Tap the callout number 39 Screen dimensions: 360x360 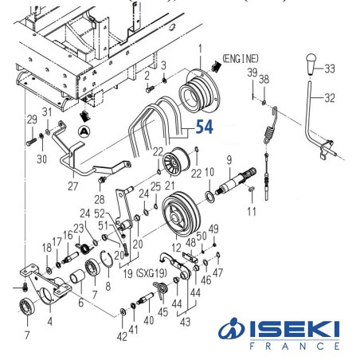point(251,73)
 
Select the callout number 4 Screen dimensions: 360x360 point(51,323)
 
